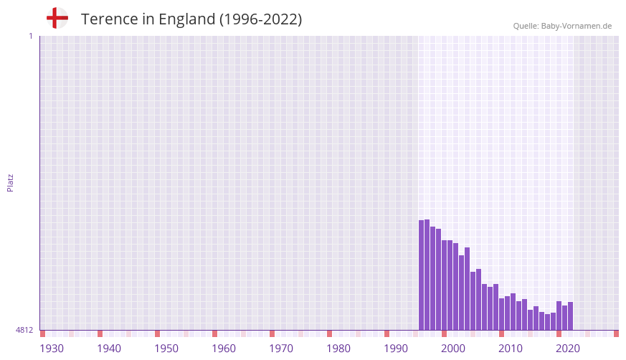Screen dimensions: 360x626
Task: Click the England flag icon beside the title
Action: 57,19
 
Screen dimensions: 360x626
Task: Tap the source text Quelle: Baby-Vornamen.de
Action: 562,26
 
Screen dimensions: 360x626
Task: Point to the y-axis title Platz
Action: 10,182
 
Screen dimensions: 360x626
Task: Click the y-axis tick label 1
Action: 30,36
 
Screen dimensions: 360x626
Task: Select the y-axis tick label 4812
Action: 24,330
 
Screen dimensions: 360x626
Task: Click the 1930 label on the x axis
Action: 52,349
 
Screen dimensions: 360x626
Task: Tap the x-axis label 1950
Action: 166,349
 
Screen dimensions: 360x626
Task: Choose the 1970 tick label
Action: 281,349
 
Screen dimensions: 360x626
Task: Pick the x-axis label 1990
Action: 396,349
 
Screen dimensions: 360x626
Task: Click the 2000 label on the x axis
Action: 453,349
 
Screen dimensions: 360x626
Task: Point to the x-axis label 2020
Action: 568,349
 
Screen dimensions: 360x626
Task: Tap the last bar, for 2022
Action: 571,316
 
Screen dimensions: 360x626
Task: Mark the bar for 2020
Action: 559,316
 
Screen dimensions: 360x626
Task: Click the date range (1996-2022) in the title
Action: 261,19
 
